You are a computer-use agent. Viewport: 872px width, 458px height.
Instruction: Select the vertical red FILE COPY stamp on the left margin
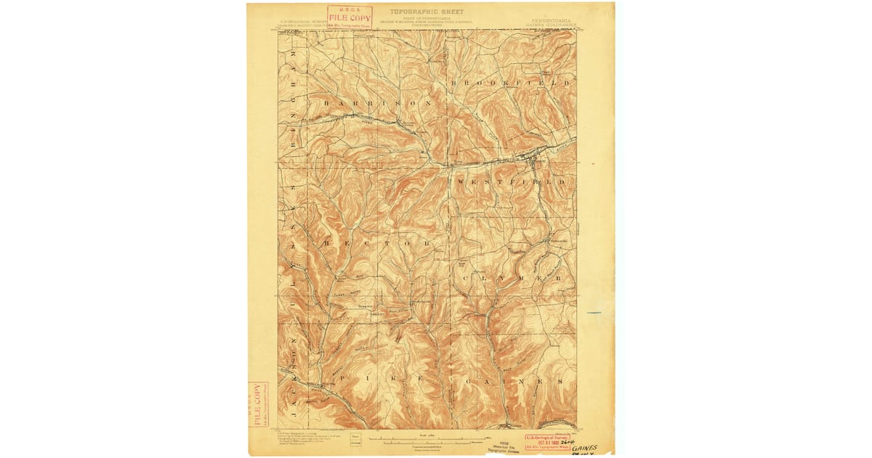(257, 404)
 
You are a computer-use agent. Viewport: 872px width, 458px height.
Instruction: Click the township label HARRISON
(378, 103)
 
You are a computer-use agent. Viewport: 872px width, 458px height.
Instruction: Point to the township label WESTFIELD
(510, 180)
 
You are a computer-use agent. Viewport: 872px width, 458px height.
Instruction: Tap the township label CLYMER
(512, 278)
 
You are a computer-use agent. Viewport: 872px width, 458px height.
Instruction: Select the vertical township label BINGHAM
(294, 91)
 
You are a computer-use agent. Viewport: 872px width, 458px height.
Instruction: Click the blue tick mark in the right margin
(594, 313)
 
